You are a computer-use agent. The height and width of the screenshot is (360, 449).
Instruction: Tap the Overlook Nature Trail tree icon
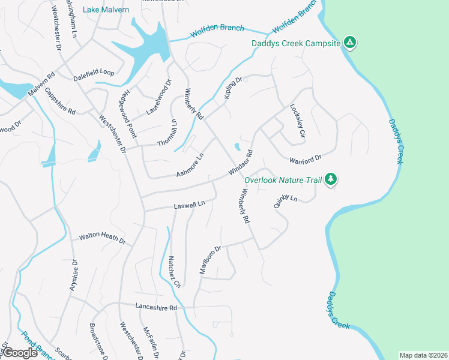[330, 179]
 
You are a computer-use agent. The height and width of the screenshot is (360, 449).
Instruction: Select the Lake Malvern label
[106, 10]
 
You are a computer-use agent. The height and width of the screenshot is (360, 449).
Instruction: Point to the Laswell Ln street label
[190, 205]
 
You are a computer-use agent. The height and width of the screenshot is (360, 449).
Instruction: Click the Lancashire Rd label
[156, 308]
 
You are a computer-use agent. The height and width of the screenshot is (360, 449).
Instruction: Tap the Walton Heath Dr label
[102, 239]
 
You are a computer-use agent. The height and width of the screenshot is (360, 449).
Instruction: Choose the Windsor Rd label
[240, 163]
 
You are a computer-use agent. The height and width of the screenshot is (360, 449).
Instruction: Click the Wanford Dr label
[306, 159]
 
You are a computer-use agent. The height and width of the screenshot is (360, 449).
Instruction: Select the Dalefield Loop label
[94, 72]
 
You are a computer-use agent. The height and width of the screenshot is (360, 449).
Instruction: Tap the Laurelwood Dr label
[159, 97]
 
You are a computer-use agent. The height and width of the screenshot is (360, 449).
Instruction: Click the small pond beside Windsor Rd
[238, 146]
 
